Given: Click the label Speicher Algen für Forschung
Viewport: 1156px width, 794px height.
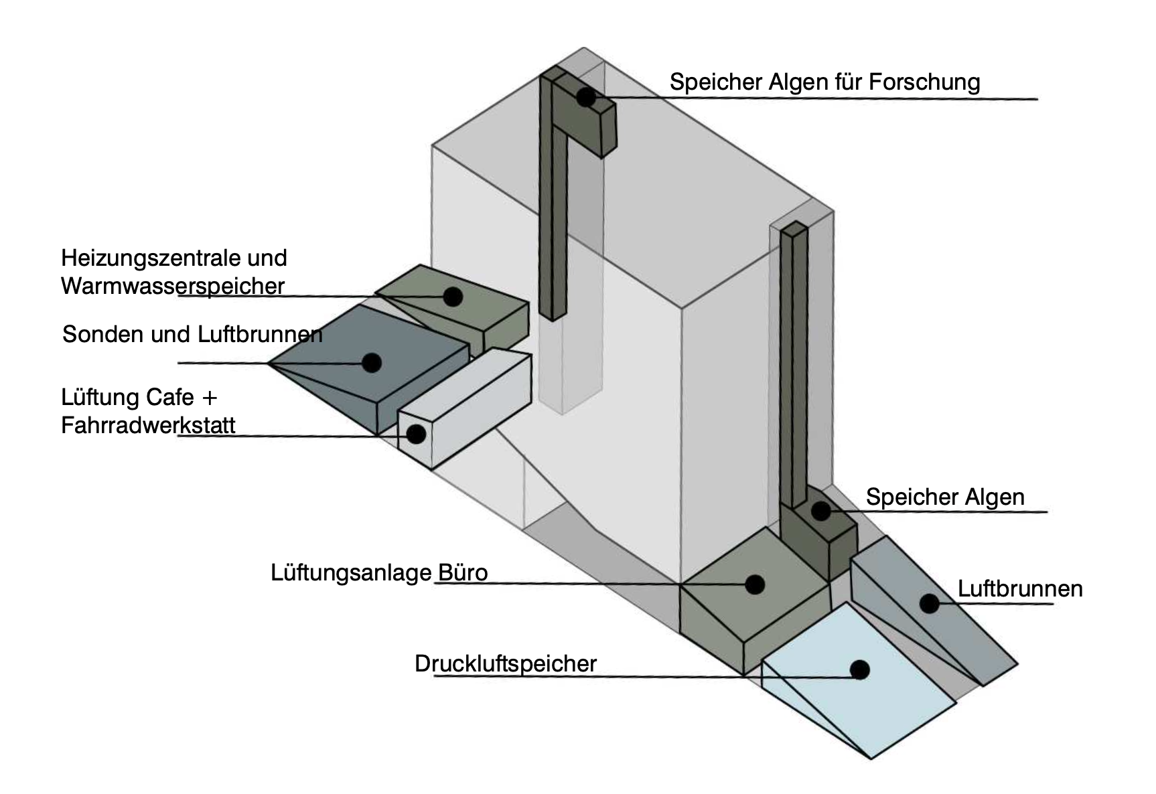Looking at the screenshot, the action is (824, 82).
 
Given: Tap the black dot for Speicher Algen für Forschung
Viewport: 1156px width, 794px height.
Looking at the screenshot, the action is (586, 97).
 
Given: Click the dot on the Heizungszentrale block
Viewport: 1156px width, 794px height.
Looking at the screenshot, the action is (453, 297).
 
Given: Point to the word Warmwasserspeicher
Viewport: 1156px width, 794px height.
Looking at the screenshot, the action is (173, 287).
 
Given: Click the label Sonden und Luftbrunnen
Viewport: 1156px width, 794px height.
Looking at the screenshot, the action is (192, 334).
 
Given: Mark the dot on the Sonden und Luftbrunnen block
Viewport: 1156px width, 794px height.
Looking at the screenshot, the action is (372, 363).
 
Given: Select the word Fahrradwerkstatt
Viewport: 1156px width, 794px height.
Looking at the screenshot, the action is (148, 426).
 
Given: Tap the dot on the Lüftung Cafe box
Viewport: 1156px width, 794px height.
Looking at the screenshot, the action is (416, 434).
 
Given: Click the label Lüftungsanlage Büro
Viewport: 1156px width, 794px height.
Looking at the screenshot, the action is (379, 573).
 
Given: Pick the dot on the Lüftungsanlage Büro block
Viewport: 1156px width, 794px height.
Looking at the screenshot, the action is (755, 584).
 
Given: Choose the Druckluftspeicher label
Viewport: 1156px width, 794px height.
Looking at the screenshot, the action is (506, 664).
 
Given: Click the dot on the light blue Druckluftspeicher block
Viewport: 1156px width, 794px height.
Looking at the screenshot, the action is (859, 669).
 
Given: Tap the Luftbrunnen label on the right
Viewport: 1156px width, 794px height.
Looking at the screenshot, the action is (1020, 589).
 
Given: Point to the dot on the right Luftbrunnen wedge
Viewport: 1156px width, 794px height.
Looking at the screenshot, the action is (929, 604).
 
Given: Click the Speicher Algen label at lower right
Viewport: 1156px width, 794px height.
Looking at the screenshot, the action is (945, 497).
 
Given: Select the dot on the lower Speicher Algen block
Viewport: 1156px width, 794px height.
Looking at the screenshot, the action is (821, 511).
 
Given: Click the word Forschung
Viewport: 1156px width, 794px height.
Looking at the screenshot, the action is (924, 82).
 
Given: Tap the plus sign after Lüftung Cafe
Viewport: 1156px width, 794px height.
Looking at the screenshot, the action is (210, 398).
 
